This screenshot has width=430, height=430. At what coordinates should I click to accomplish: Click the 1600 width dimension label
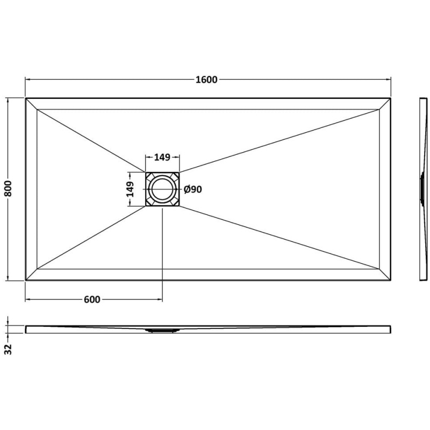[206, 80]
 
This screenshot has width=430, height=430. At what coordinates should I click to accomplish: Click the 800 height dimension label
[9, 189]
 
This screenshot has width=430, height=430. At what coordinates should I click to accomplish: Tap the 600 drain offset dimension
[92, 300]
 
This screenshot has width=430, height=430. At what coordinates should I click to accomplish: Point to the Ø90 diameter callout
[193, 189]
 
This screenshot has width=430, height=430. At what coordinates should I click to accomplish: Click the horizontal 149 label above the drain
[162, 157]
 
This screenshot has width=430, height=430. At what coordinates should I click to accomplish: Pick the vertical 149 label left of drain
[130, 189]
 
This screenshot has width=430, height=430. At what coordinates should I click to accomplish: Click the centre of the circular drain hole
[162, 189]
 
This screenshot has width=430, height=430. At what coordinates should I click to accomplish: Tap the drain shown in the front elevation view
[162, 331]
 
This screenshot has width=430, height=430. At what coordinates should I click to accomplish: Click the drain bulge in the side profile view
[421, 189]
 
